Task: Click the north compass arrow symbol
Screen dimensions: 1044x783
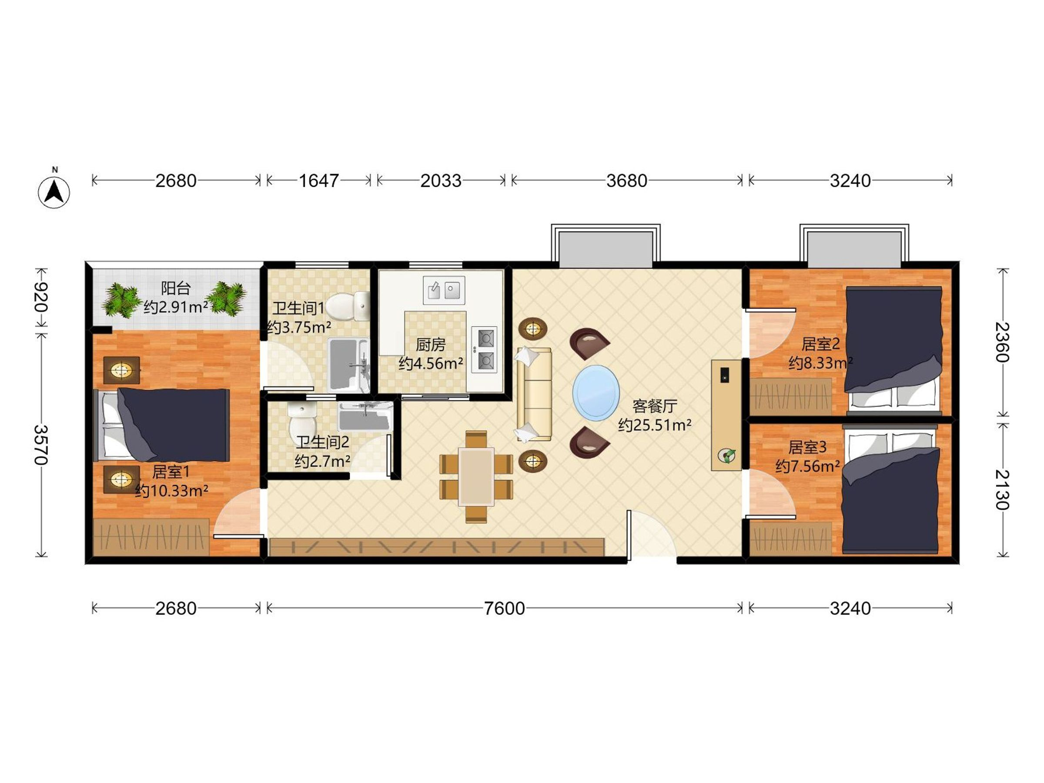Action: [x=54, y=191]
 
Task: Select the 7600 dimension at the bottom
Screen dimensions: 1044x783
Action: [x=504, y=609]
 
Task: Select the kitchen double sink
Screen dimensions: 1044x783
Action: [x=444, y=290]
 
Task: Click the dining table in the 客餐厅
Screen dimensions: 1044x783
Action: [x=477, y=477]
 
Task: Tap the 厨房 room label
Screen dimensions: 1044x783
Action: [x=431, y=345]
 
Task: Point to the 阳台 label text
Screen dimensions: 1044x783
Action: [x=176, y=288]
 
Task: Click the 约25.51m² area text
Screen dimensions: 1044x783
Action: [x=655, y=425]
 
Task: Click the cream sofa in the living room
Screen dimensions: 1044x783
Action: [x=534, y=395]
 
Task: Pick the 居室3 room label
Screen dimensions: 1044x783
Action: [x=807, y=447]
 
